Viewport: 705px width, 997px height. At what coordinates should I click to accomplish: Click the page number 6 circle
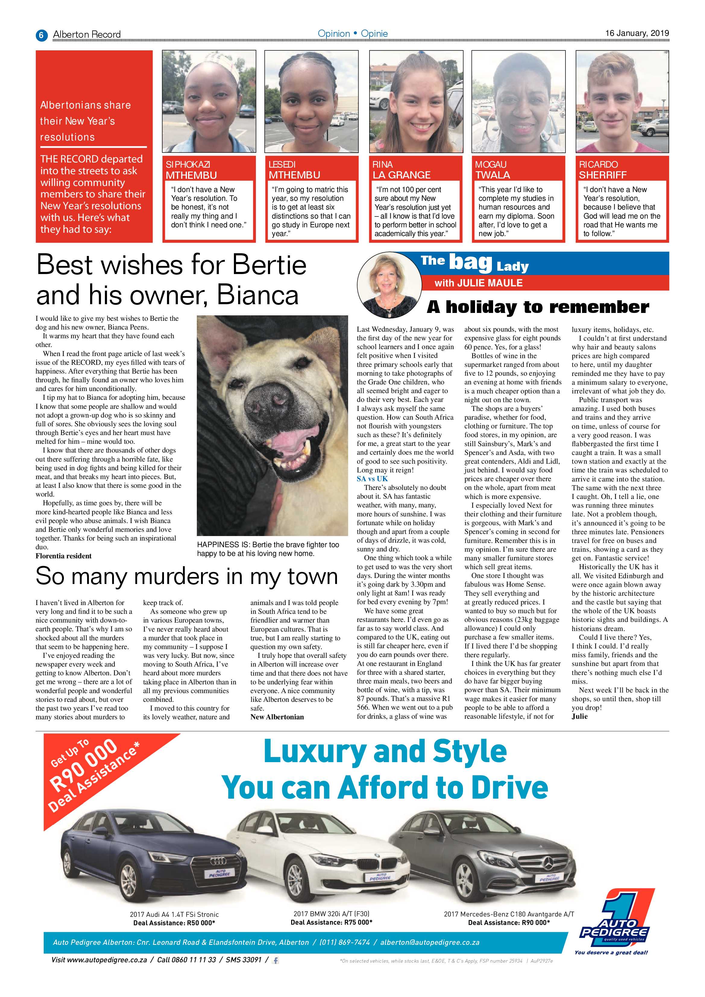(41, 35)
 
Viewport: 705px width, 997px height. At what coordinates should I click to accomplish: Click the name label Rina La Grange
(401, 170)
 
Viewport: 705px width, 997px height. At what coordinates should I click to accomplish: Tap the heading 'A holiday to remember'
(538, 307)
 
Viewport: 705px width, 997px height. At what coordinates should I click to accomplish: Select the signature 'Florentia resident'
(63, 556)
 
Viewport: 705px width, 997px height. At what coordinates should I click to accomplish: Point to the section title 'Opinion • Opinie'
(353, 33)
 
